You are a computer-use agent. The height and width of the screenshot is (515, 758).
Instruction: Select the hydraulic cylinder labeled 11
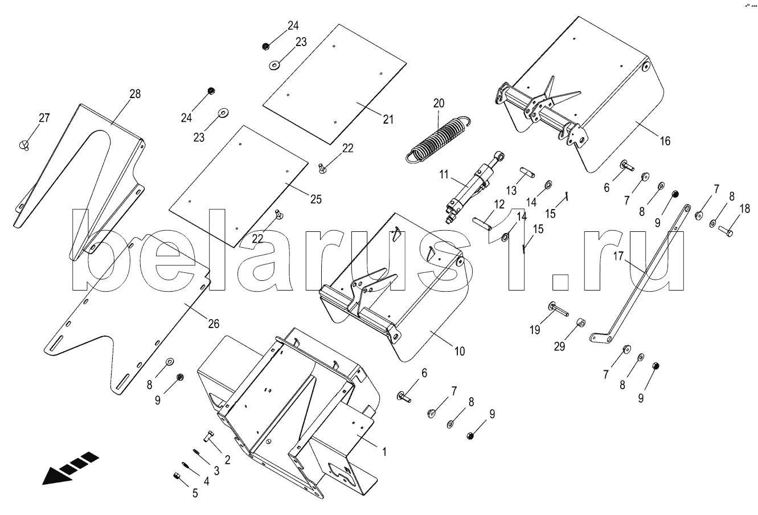(x=474, y=188)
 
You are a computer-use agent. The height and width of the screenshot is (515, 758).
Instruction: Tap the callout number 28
(x=135, y=94)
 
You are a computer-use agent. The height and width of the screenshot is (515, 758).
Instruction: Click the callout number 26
(x=214, y=324)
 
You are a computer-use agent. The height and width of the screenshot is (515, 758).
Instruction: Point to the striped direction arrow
(x=71, y=468)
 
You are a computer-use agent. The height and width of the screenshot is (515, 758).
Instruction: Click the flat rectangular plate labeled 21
(x=335, y=84)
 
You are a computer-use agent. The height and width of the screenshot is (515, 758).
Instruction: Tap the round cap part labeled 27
(x=24, y=145)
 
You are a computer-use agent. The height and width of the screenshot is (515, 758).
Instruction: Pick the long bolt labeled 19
(x=558, y=309)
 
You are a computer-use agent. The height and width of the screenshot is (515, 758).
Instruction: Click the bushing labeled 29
(x=581, y=322)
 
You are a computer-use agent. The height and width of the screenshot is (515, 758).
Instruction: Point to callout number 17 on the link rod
(x=618, y=256)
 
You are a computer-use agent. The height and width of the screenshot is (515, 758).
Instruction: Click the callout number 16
(x=665, y=141)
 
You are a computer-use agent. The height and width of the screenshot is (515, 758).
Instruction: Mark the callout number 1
(x=384, y=452)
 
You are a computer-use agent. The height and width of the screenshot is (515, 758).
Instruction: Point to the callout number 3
(x=216, y=471)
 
